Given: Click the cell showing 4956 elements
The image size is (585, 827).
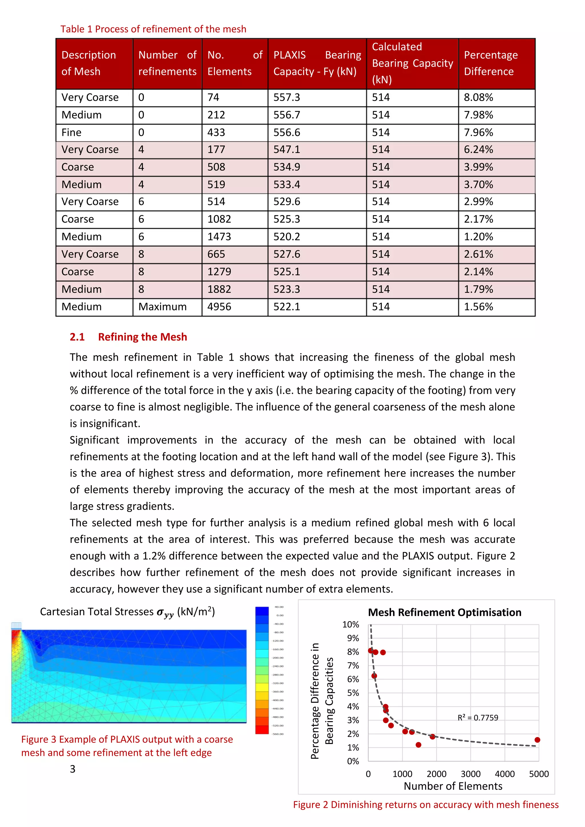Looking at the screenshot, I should pos(219,307).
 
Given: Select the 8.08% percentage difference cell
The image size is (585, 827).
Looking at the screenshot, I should pos(478,98).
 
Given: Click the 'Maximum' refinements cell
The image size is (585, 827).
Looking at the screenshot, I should pos(163,307).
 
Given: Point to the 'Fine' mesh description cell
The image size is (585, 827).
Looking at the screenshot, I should pos(71,132).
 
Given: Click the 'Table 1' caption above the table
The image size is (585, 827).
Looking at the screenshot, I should pos(153,29).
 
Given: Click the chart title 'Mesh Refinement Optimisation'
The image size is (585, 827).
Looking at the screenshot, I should pos(444,612).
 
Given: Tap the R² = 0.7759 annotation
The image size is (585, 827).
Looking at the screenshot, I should pos(478,718).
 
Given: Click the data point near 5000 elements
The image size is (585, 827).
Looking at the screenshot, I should pos(537,740).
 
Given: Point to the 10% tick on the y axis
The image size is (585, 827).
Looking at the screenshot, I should pos(350,625).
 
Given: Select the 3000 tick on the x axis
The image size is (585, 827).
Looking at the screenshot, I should pos(470,774).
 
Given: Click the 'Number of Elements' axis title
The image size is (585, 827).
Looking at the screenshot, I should pos(453,786).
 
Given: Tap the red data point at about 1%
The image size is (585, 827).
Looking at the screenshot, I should pos(418,745).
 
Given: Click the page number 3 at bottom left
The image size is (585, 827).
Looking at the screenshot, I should pos(73,769).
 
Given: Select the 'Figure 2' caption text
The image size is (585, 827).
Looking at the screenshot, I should pos(425,805).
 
